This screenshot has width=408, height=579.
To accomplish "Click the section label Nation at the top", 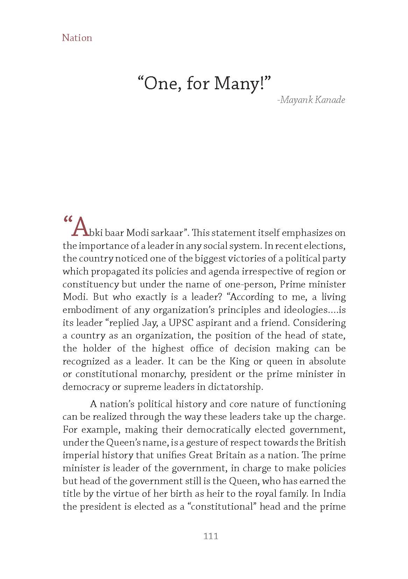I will click(x=77, y=38).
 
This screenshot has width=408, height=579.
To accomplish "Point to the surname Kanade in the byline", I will click(x=330, y=100).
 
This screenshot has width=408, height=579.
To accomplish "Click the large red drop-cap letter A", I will click(x=79, y=228).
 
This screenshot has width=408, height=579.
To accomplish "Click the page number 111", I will click(x=211, y=536).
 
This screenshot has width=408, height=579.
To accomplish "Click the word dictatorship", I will click(x=235, y=387).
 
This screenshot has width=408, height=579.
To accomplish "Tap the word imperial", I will click(x=79, y=455).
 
